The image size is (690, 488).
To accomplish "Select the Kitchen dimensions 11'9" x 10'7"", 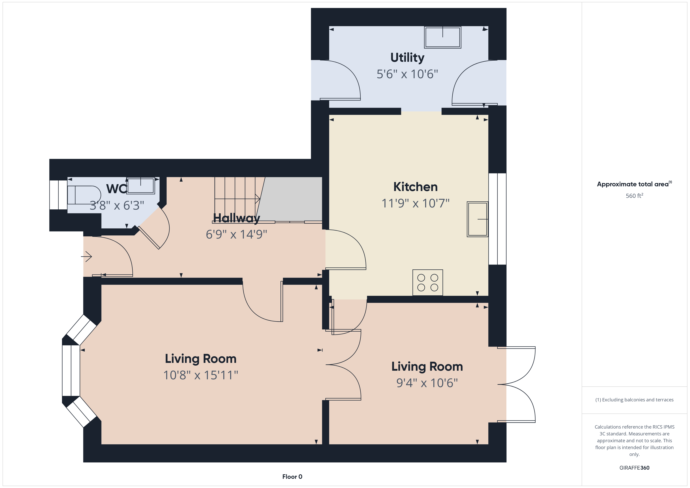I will click(x=415, y=204).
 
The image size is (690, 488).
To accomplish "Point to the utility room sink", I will click(x=442, y=37).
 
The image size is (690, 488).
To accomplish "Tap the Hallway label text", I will click(x=236, y=218).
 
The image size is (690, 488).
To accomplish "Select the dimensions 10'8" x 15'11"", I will click(x=200, y=375).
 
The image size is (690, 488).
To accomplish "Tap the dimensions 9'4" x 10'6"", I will click(x=427, y=383).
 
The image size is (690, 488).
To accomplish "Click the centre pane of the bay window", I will click(x=71, y=370).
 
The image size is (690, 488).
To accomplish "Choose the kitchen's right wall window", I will click(x=497, y=219).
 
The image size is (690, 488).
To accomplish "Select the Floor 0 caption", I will click(x=292, y=477).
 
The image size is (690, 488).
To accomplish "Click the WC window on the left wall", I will click(x=58, y=195).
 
